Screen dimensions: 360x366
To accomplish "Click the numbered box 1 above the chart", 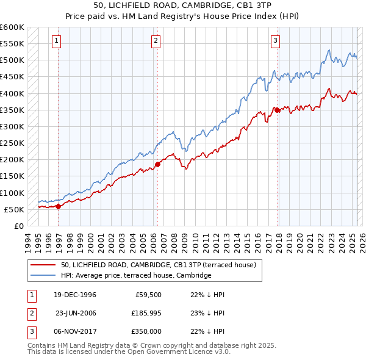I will [x=56, y=41].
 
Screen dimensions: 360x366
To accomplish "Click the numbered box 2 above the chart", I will [x=156, y=41].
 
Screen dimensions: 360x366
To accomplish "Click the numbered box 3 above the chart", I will [x=275, y=41].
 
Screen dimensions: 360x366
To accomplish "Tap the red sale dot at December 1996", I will [x=59, y=206].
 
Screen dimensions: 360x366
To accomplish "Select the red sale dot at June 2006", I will [x=157, y=164].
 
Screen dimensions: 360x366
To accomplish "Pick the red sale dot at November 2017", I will [x=277, y=110].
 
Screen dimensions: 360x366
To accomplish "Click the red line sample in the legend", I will [x=43, y=265].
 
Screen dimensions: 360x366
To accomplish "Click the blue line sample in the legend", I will [x=43, y=275].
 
